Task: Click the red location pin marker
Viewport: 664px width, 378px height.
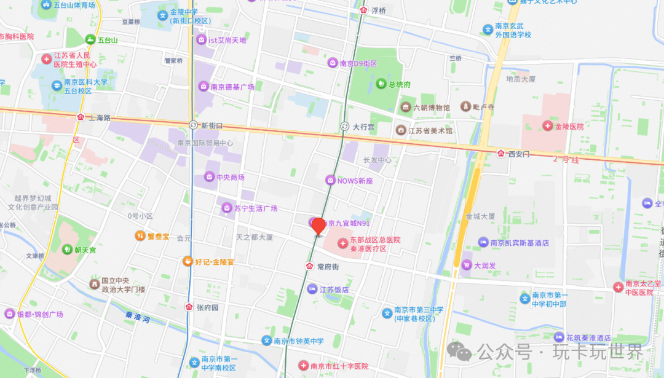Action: [318, 226]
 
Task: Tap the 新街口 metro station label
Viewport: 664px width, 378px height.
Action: [211, 125]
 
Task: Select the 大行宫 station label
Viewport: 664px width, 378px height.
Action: [363, 127]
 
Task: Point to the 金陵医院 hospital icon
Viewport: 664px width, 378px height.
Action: [547, 126]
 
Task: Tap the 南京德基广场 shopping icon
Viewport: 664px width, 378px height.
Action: [203, 87]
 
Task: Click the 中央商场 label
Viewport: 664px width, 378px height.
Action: [230, 177]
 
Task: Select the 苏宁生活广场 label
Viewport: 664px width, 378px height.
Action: [255, 208]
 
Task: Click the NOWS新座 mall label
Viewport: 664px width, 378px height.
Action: [355, 181]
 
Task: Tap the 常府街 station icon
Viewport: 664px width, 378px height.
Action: [310, 267]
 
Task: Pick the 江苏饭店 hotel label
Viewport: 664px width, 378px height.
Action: [334, 289]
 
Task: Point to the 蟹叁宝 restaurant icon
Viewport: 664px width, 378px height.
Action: [140, 235]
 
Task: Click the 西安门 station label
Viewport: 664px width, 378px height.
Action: [518, 154]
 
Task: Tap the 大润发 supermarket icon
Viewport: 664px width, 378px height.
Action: [467, 266]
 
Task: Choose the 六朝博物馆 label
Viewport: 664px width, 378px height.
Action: [431, 108]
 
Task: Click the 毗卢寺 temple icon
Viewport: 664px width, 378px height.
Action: [466, 106]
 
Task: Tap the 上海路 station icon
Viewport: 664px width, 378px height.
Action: [81, 117]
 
